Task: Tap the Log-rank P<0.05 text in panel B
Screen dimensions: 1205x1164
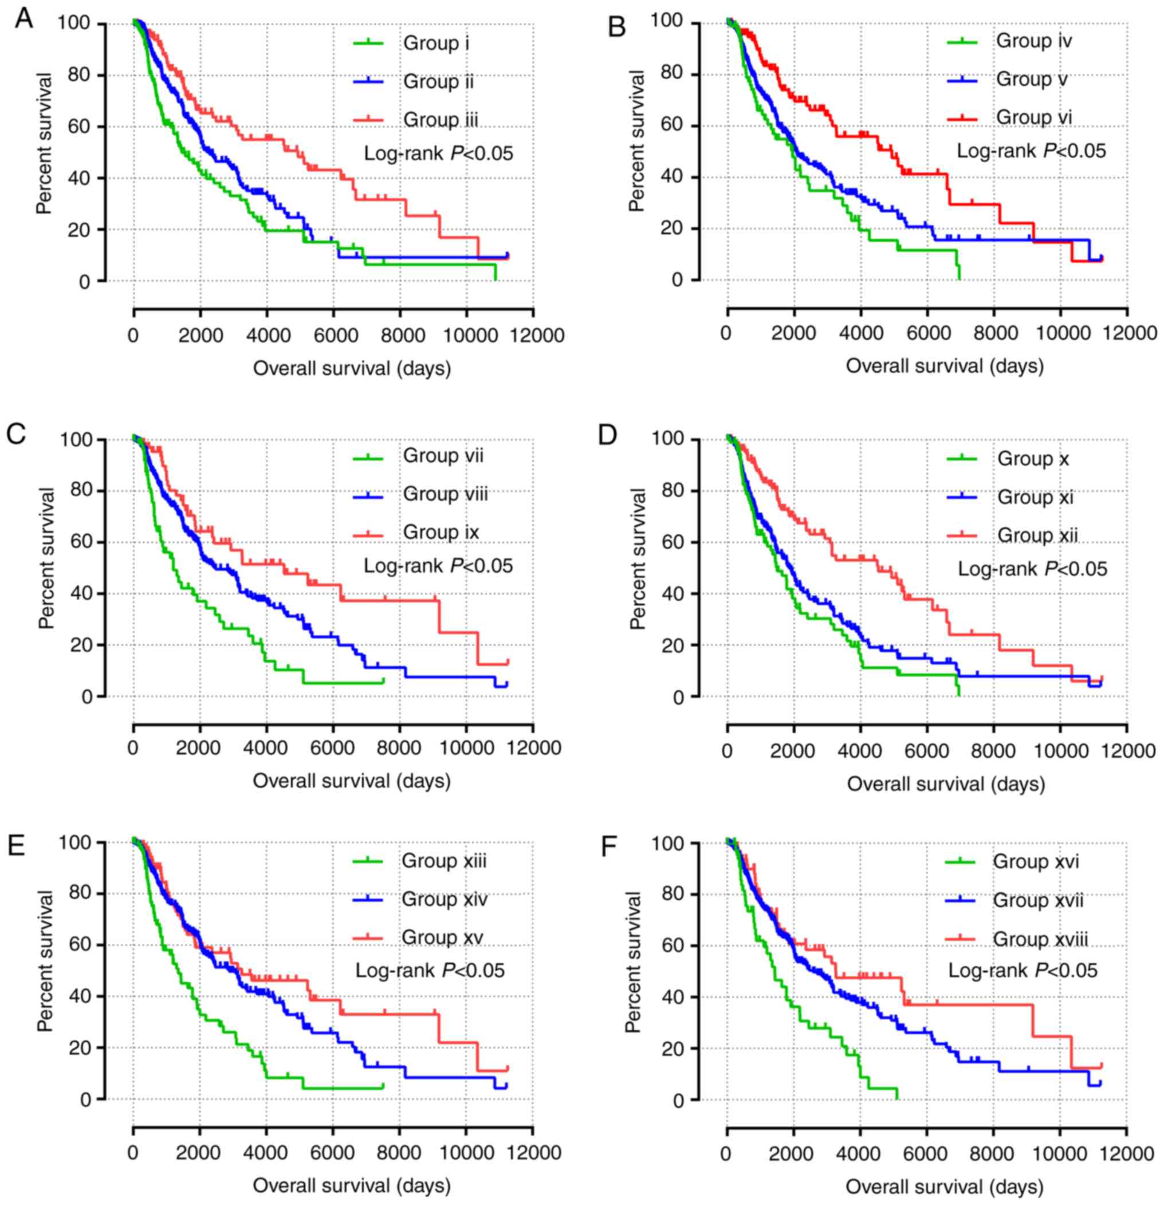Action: [1031, 151]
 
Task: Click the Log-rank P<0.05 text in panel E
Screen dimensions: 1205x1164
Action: [430, 970]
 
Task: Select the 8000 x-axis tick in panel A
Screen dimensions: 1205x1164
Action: [400, 336]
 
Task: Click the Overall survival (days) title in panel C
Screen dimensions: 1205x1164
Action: [352, 781]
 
